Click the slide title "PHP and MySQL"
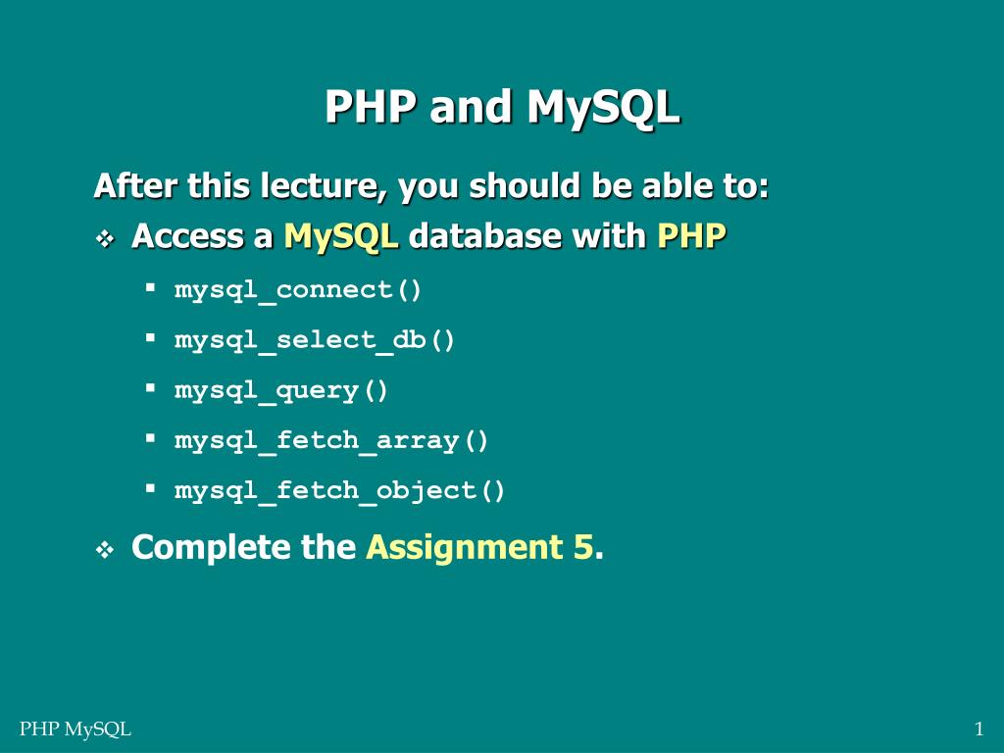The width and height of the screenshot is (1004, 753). [x=502, y=108]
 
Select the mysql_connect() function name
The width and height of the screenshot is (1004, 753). [x=298, y=290]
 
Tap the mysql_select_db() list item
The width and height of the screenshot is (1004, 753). [x=315, y=340]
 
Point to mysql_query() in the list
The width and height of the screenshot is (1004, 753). [x=281, y=390]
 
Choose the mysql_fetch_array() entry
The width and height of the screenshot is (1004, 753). [x=331, y=441]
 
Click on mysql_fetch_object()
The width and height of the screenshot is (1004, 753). [x=340, y=490]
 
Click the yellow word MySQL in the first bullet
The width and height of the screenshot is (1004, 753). [x=341, y=237]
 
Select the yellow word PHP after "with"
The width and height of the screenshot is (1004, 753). [x=691, y=236]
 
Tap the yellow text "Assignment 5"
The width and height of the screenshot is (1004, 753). [x=479, y=547]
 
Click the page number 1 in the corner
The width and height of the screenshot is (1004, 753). [x=979, y=728]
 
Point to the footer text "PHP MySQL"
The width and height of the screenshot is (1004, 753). [x=75, y=728]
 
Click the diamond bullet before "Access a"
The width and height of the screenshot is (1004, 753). [x=105, y=238]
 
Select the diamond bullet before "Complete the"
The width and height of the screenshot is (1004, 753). [x=105, y=551]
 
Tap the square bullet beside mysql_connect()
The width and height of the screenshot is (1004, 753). [x=151, y=288]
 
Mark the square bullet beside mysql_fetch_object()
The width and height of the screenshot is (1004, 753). [x=151, y=487]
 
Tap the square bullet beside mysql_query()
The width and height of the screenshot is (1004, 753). [x=151, y=388]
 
